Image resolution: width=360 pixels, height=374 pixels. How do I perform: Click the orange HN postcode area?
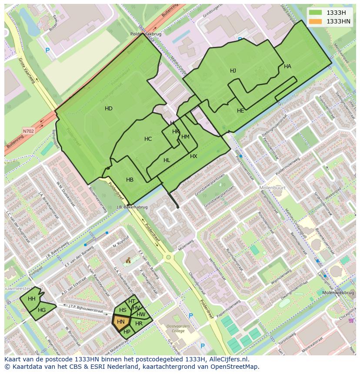click(x=121, y=322)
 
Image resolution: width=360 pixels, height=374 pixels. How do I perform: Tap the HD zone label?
click(x=109, y=109)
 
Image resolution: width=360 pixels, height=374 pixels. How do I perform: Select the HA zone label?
click(x=287, y=66)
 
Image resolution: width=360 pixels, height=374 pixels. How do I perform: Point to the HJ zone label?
click(x=233, y=71)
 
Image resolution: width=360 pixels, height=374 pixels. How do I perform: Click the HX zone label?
click(x=193, y=156)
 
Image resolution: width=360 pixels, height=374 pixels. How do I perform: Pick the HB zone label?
click(x=130, y=180)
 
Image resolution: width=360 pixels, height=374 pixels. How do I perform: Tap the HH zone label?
click(x=32, y=299)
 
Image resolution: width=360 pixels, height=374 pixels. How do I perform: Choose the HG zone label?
click(x=42, y=310)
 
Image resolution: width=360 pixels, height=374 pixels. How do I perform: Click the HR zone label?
click(x=139, y=324)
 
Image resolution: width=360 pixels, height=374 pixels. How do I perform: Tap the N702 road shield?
click(x=28, y=131)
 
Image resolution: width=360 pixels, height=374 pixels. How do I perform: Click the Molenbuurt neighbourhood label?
click(x=271, y=188)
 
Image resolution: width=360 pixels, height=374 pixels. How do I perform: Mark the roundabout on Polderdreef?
click(x=168, y=258)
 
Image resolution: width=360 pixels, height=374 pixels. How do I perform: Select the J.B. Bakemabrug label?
click(x=132, y=207)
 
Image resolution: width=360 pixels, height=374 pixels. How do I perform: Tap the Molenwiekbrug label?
click(x=338, y=293)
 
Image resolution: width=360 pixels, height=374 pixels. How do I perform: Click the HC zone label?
click(x=148, y=139)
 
